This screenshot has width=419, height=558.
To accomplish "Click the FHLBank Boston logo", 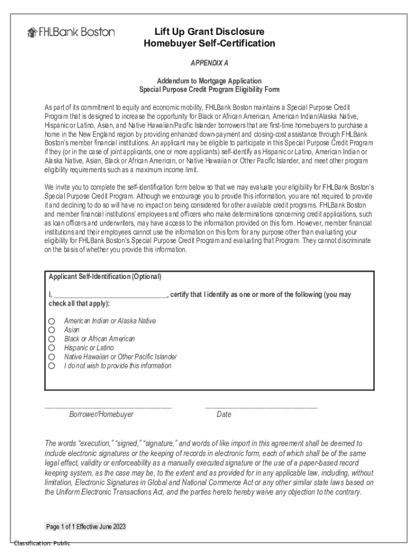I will pyautogui.click(x=71, y=32).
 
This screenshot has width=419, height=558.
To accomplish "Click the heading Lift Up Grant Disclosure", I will pyautogui.click(x=209, y=32).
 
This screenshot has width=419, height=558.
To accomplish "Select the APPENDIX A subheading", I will pyautogui.click(x=209, y=63).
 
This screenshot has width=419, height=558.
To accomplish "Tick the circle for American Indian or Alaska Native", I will pyautogui.click(x=52, y=321).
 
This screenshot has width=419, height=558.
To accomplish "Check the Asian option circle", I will pyautogui.click(x=52, y=330).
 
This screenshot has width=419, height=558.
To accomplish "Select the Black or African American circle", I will pyautogui.click(x=52, y=339).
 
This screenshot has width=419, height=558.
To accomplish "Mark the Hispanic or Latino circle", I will pyautogui.click(x=52, y=348).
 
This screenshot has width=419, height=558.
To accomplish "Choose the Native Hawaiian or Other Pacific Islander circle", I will pyautogui.click(x=52, y=357).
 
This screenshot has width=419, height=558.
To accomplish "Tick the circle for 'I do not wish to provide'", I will pyautogui.click(x=52, y=366).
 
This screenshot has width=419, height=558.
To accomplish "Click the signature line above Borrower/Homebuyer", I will pyautogui.click(x=108, y=407).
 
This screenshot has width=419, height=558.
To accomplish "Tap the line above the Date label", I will pyautogui.click(x=261, y=407).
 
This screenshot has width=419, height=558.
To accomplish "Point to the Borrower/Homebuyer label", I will pyautogui.click(x=101, y=415).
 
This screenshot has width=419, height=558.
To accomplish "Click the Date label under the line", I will pyautogui.click(x=224, y=415).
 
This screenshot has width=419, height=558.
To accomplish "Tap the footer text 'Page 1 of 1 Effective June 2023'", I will pyautogui.click(x=86, y=527).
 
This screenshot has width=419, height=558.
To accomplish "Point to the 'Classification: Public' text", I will pyautogui.click(x=42, y=543).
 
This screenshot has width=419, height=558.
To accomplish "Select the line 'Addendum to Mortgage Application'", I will pyautogui.click(x=209, y=81).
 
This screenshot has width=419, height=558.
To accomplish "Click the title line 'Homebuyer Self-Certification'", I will pyautogui.click(x=209, y=44).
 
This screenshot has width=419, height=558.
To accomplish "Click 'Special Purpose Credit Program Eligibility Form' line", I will pyautogui.click(x=209, y=89).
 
